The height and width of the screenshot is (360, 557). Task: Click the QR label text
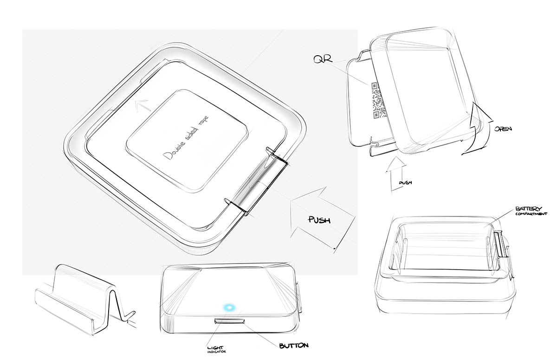click(x=323, y=59)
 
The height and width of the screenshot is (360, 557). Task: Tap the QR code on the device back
click(x=379, y=100)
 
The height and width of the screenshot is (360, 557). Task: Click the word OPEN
click(x=503, y=129)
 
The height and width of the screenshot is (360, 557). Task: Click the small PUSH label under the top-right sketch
click(x=405, y=183)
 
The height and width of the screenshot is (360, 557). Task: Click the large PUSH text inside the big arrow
click(x=319, y=220)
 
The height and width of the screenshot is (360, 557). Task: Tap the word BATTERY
click(x=525, y=208)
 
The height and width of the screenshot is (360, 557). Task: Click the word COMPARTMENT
click(x=531, y=214)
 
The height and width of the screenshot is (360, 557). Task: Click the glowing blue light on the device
click(x=229, y=308)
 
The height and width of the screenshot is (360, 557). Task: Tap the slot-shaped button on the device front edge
click(x=230, y=321)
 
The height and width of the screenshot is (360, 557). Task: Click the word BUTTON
click(x=294, y=346)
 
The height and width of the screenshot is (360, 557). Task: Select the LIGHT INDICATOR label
click(x=217, y=350)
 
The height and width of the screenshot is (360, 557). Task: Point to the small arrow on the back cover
click(x=142, y=105)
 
